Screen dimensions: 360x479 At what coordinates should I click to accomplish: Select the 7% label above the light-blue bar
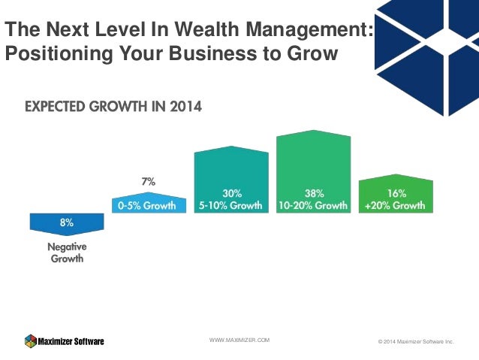click(x=148, y=181)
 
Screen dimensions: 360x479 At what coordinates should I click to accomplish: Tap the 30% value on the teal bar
click(x=231, y=192)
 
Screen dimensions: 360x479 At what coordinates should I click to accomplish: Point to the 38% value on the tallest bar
click(x=314, y=192)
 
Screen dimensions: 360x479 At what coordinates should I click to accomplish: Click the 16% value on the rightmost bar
click(x=396, y=192)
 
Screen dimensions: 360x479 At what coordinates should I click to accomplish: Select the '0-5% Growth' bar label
click(x=148, y=205)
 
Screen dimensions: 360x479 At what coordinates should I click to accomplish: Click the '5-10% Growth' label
click(x=231, y=205)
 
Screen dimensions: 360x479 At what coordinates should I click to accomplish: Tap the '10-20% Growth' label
click(x=314, y=205)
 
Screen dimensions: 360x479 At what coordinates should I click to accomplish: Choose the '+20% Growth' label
click(x=396, y=205)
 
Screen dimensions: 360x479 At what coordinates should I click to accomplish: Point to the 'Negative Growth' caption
click(x=66, y=253)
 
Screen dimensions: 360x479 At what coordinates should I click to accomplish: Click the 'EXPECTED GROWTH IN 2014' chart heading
click(x=113, y=107)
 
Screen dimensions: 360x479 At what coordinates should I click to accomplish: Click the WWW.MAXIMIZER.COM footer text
click(x=239, y=340)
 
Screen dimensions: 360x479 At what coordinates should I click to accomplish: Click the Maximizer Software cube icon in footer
click(x=30, y=340)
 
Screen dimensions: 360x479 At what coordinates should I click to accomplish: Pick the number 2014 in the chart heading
click(x=185, y=107)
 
